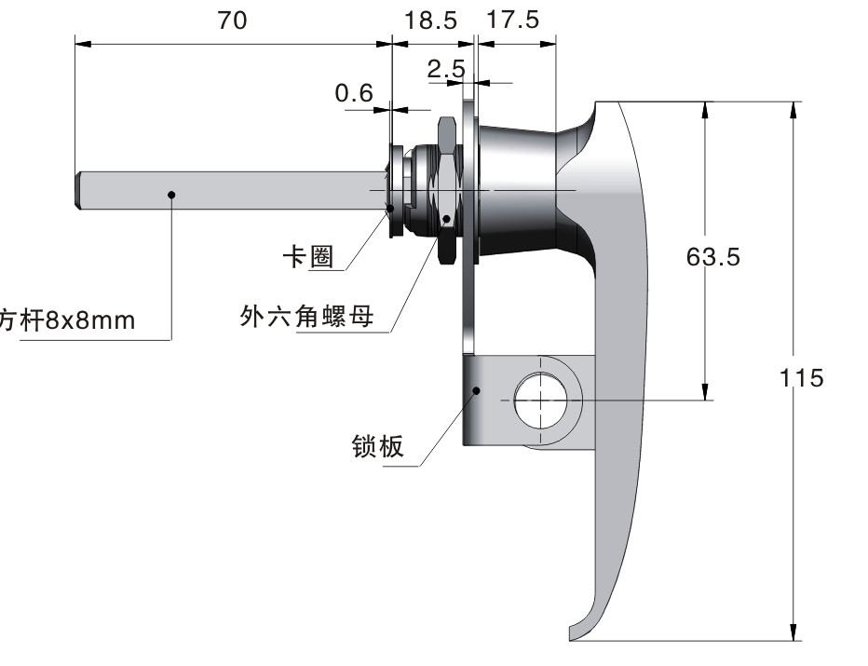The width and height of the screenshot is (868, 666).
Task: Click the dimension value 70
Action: tap(232, 20)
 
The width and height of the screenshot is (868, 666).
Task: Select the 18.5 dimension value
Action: tap(430, 21)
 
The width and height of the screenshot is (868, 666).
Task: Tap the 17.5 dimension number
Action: tap(512, 20)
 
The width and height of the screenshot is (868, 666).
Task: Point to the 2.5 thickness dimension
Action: tap(446, 69)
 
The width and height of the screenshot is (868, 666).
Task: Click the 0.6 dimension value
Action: tap(354, 93)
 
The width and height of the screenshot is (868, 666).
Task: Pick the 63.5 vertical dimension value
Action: tap(713, 257)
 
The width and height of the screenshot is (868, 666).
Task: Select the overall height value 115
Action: tap(801, 378)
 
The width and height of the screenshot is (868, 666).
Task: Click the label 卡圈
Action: tap(308, 257)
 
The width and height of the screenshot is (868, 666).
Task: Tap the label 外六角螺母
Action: tap(306, 316)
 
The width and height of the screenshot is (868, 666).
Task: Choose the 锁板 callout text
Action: tap(377, 446)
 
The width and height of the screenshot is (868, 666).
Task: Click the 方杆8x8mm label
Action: tap(67, 320)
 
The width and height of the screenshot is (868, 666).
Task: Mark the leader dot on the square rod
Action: tap(171, 195)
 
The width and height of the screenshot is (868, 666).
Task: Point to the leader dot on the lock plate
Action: tap(476, 390)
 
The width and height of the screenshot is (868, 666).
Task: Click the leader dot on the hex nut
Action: tap(447, 219)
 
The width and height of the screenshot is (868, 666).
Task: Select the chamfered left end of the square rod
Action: tap(79, 191)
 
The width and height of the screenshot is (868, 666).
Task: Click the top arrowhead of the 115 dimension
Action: tap(793, 110)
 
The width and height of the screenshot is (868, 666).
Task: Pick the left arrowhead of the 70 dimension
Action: tap(83, 44)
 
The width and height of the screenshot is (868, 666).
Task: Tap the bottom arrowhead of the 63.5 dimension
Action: tap(705, 391)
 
